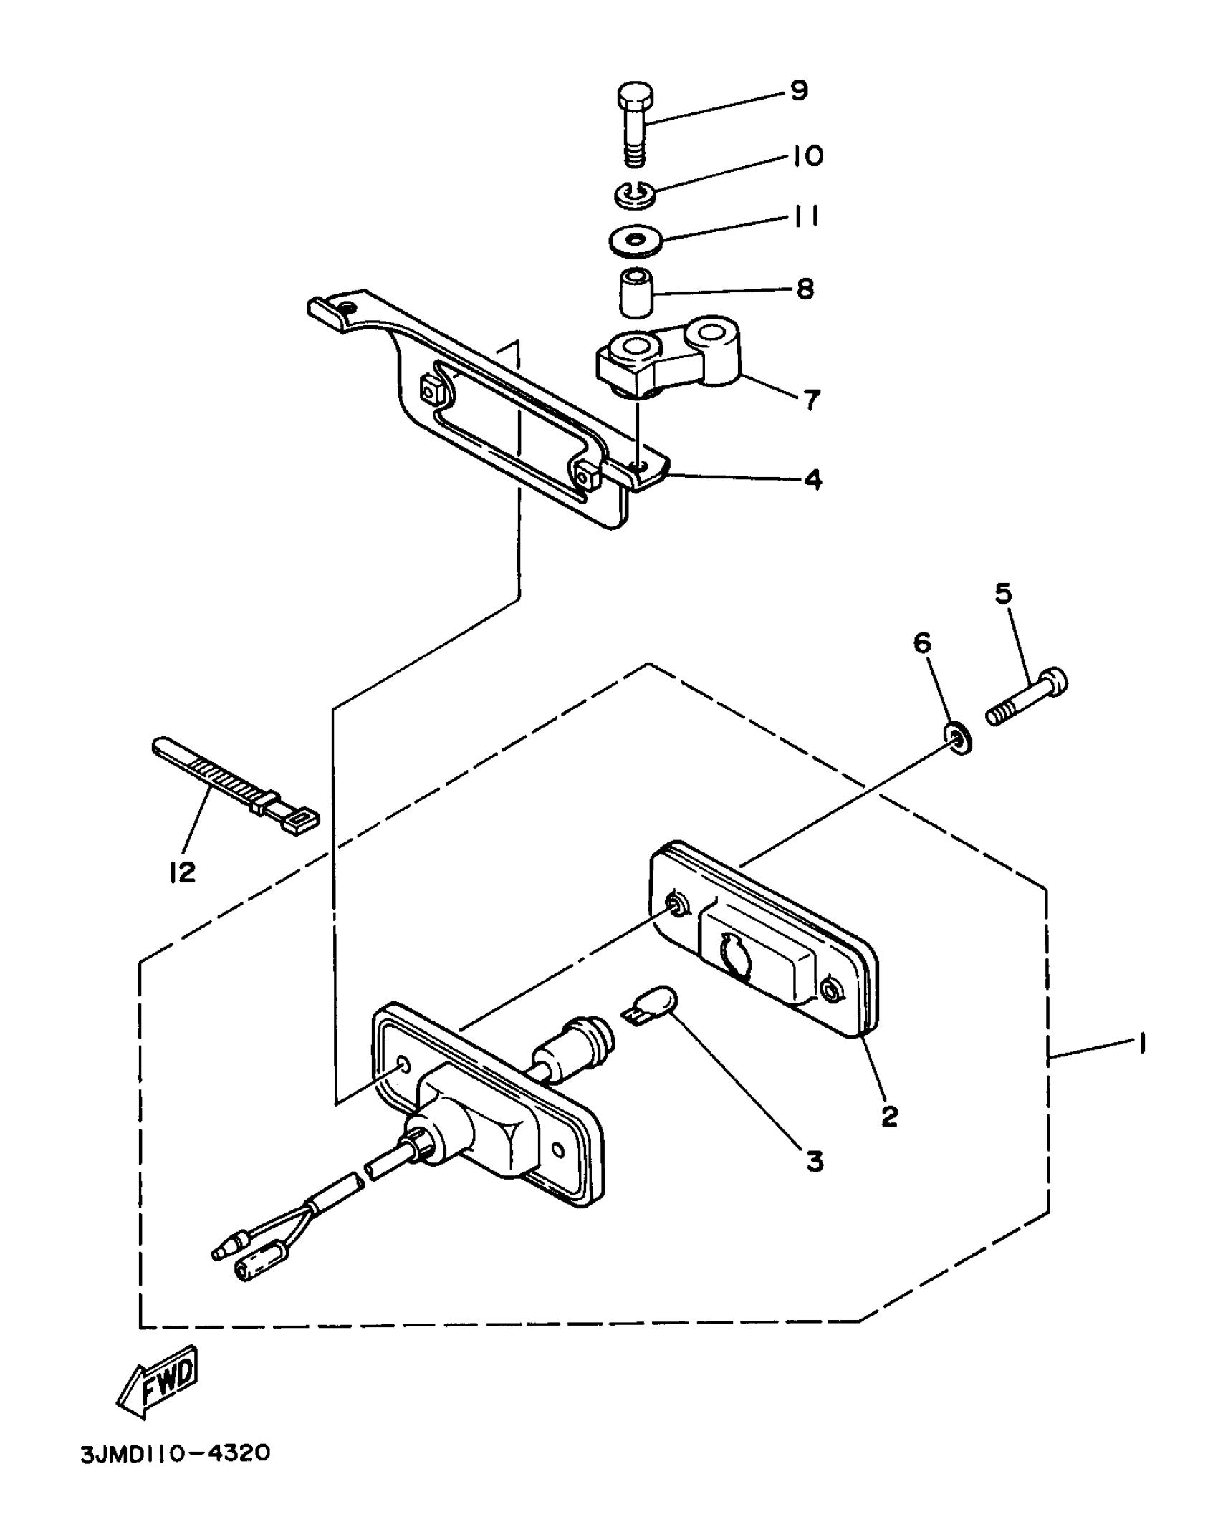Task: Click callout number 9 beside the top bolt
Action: pyautogui.click(x=799, y=91)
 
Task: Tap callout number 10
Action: pyautogui.click(x=807, y=156)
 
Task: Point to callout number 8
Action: pyautogui.click(x=805, y=289)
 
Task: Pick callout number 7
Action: pyautogui.click(x=810, y=400)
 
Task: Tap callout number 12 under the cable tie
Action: pyautogui.click(x=183, y=872)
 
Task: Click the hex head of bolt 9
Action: pyautogui.click(x=637, y=97)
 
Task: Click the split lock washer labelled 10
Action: pyautogui.click(x=634, y=194)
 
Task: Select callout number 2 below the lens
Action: pyautogui.click(x=889, y=1116)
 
